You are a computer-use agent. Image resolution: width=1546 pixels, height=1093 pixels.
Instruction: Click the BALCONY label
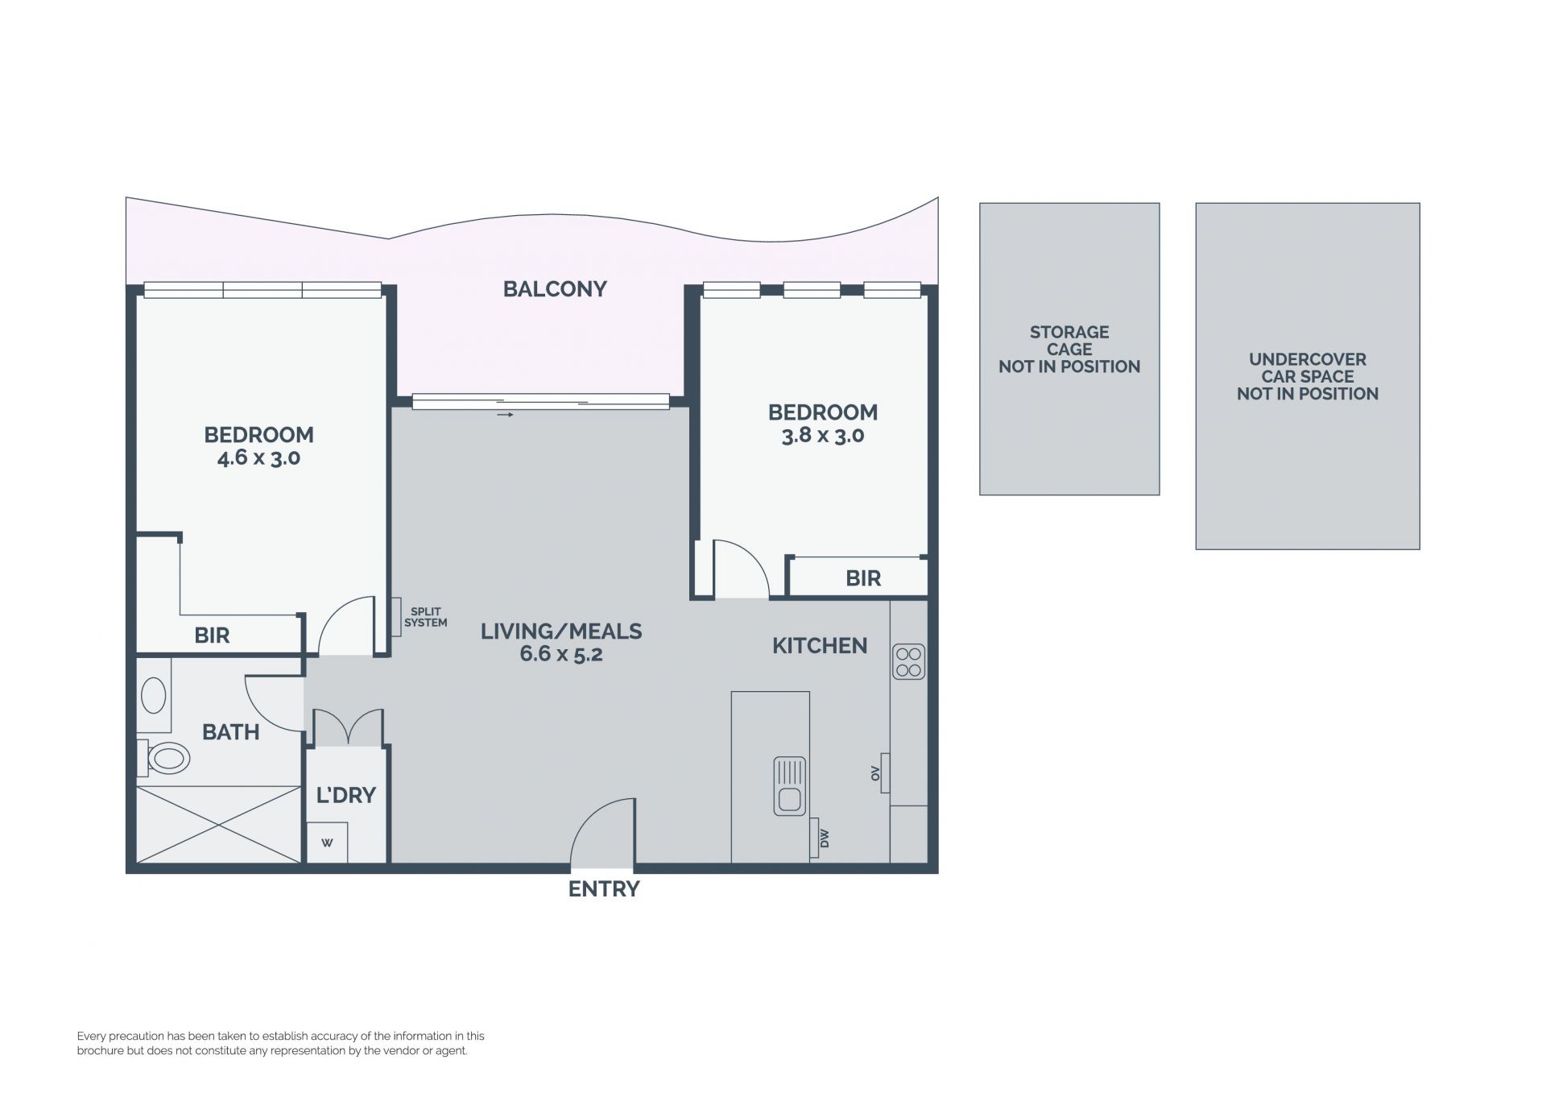(x=555, y=289)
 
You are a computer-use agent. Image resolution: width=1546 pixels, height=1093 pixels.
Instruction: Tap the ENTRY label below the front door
(x=604, y=889)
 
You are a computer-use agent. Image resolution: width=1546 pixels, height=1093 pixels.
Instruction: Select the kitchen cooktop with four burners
(x=909, y=662)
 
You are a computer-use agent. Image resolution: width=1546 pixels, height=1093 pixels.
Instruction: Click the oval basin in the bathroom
(x=154, y=695)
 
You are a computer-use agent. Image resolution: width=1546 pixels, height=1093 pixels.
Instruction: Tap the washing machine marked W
(x=328, y=843)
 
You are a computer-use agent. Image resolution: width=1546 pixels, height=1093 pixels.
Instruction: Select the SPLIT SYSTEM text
(x=425, y=617)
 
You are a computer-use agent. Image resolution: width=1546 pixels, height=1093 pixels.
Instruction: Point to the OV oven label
(x=875, y=774)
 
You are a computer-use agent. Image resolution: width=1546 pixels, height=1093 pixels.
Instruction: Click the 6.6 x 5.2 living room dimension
(x=561, y=654)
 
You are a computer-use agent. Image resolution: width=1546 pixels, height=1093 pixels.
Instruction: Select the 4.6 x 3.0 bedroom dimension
(x=258, y=458)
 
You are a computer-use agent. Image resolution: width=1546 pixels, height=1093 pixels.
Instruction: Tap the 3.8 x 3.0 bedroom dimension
(x=823, y=436)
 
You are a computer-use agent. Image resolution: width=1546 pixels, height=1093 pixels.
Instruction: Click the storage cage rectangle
(x=1069, y=349)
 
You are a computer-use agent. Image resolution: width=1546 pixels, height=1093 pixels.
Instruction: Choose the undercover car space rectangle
(x=1308, y=376)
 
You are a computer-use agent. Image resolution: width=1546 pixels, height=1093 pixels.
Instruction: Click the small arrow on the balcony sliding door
(x=505, y=415)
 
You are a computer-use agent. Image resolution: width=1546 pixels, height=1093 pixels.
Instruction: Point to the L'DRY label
(x=346, y=796)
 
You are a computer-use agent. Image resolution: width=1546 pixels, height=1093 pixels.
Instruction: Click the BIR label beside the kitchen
(x=863, y=578)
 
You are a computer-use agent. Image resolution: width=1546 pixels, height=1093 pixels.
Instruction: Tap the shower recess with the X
(x=218, y=825)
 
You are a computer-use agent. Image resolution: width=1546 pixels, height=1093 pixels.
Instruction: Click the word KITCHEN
(x=820, y=646)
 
